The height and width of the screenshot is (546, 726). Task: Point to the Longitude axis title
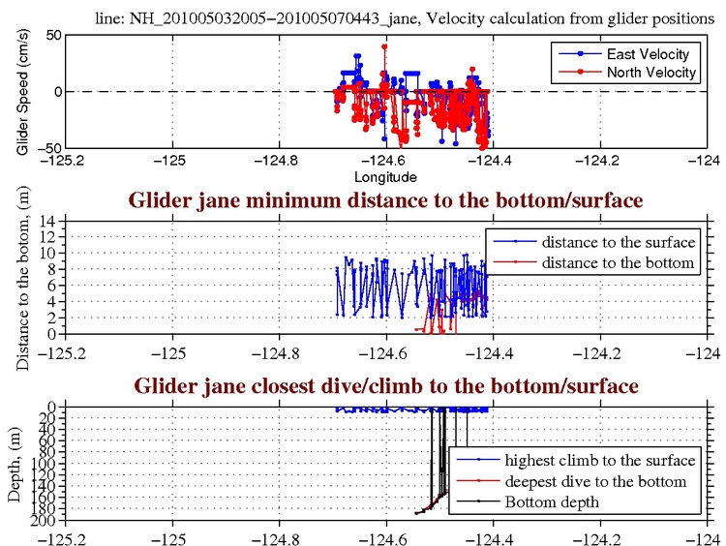pyautogui.click(x=384, y=177)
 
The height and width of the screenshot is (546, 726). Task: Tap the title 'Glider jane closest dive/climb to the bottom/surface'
pyautogui.click(x=385, y=386)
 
